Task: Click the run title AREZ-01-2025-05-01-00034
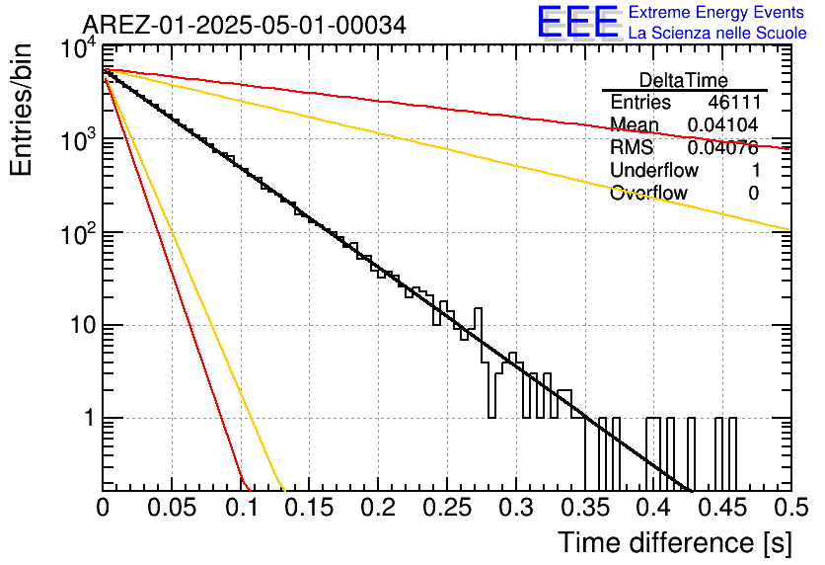[245, 25]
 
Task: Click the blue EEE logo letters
[578, 22]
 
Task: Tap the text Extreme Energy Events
[716, 12]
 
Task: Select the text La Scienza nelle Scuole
[717, 33]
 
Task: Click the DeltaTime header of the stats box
[684, 80]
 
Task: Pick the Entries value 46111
[734, 102]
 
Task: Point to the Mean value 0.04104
[722, 124]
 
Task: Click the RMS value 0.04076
[722, 148]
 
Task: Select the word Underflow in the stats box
[654, 170]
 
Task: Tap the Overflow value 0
[753, 194]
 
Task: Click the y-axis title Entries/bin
[21, 110]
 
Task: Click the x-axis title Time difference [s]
[675, 542]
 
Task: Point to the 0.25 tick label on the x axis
[447, 508]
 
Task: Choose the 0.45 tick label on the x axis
[722, 508]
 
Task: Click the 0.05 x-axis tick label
[172, 508]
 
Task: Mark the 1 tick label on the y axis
[89, 418]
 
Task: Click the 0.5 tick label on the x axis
[791, 508]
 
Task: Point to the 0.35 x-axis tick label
[584, 508]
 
